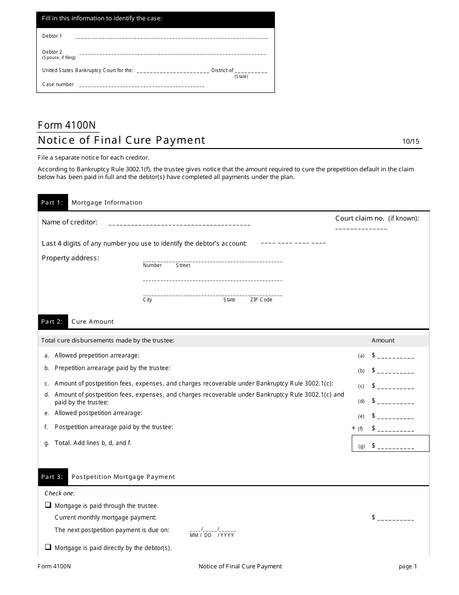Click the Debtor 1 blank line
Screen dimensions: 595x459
tap(172, 37)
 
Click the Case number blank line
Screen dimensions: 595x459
tap(141, 87)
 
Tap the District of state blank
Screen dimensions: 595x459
tap(250, 72)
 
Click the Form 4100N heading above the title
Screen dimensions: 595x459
tap(67, 125)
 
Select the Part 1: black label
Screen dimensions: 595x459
tap(52, 203)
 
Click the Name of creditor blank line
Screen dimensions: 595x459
tap(179, 225)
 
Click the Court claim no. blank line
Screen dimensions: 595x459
tap(361, 228)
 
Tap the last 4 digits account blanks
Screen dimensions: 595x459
tap(293, 243)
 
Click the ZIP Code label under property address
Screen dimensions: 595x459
tap(261, 300)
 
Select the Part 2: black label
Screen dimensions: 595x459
tap(52, 322)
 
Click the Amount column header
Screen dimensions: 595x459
tap(383, 341)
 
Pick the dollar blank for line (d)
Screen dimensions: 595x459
tap(395, 402)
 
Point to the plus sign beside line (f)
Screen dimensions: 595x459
tap(353, 428)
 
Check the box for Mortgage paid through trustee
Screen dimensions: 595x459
tap(48, 505)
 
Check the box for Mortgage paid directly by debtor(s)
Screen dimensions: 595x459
tap(48, 547)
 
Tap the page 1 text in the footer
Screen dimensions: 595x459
tap(407, 566)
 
